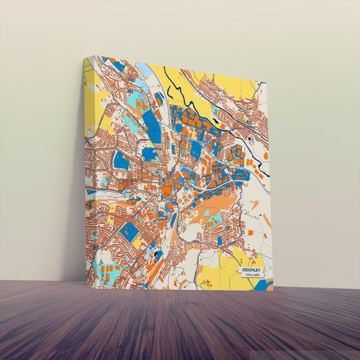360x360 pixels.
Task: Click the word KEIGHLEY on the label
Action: click(x=254, y=268)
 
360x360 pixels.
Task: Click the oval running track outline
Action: click(x=138, y=105)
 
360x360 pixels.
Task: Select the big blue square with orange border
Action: click(x=129, y=233)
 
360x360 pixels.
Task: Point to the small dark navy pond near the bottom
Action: click(x=157, y=255)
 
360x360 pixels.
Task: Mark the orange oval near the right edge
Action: click(x=265, y=155)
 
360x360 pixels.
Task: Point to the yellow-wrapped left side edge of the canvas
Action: click(x=88, y=169)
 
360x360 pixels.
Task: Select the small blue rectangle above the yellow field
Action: click(x=219, y=240)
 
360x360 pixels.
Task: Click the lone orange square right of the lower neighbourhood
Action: click(x=251, y=232)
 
